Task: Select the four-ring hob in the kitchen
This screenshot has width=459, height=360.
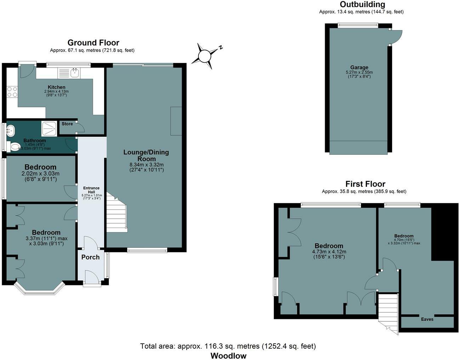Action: tap(12, 92)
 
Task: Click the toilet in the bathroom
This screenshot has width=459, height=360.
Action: tap(13, 147)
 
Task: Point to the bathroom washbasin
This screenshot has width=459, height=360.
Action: tap(11, 131)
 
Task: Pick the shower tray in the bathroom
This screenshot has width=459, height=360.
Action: tap(49, 128)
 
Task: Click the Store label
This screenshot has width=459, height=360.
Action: tap(67, 124)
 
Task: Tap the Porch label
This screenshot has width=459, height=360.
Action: tap(90, 257)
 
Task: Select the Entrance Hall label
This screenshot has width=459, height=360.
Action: tap(91, 190)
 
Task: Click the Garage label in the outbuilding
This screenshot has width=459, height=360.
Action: tap(359, 68)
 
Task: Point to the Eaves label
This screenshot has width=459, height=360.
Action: tap(427, 320)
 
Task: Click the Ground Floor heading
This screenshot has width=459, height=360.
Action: tap(93, 43)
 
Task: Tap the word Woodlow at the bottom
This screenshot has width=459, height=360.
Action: tap(228, 356)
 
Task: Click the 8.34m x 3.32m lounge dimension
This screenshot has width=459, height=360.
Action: tap(147, 165)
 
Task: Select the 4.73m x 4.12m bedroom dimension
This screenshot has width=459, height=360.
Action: tap(329, 252)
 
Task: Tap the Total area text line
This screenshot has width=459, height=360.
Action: tap(228, 346)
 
